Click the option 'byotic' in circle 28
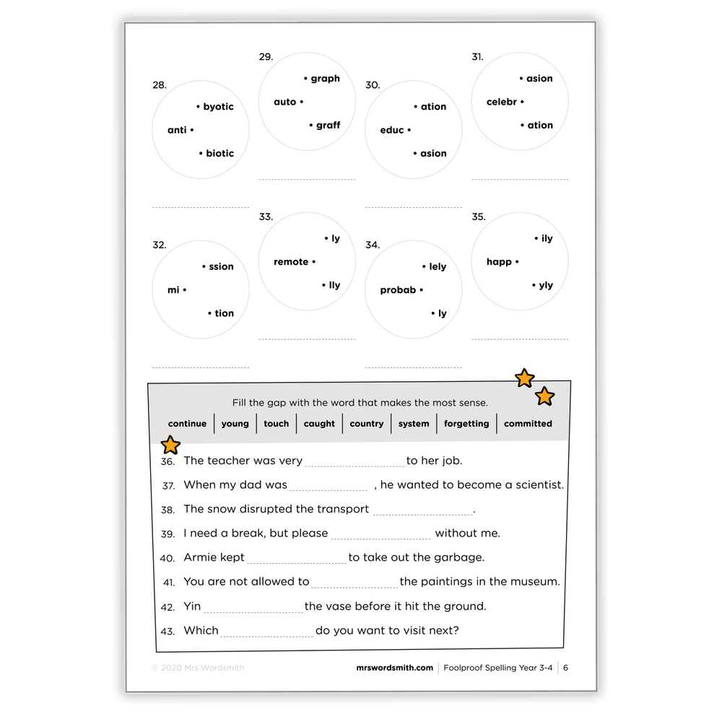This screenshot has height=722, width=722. coord(218,107)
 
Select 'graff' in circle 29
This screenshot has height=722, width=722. coord(328,126)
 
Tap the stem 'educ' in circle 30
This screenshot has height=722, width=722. coord(392,131)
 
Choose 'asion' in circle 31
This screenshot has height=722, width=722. coord(539,79)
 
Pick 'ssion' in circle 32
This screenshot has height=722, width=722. coord(221,267)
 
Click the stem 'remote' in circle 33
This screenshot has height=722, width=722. coord(291,262)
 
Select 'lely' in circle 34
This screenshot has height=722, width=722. coord(438,267)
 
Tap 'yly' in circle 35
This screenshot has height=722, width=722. coord(546,285)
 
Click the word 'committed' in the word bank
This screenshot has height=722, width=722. coord(528,424)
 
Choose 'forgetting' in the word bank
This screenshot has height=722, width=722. coord(466,424)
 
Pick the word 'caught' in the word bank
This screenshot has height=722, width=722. coord(319,424)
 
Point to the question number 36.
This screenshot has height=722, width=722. coord(168,461)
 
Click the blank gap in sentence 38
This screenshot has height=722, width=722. coord(422,510)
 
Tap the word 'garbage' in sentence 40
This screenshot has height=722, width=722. coord(458,557)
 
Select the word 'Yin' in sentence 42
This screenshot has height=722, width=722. coord(192,606)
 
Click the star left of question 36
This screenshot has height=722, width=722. coord(170,445)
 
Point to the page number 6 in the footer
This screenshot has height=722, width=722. coord(566,668)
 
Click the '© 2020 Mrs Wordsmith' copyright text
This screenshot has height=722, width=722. coord(198,668)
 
